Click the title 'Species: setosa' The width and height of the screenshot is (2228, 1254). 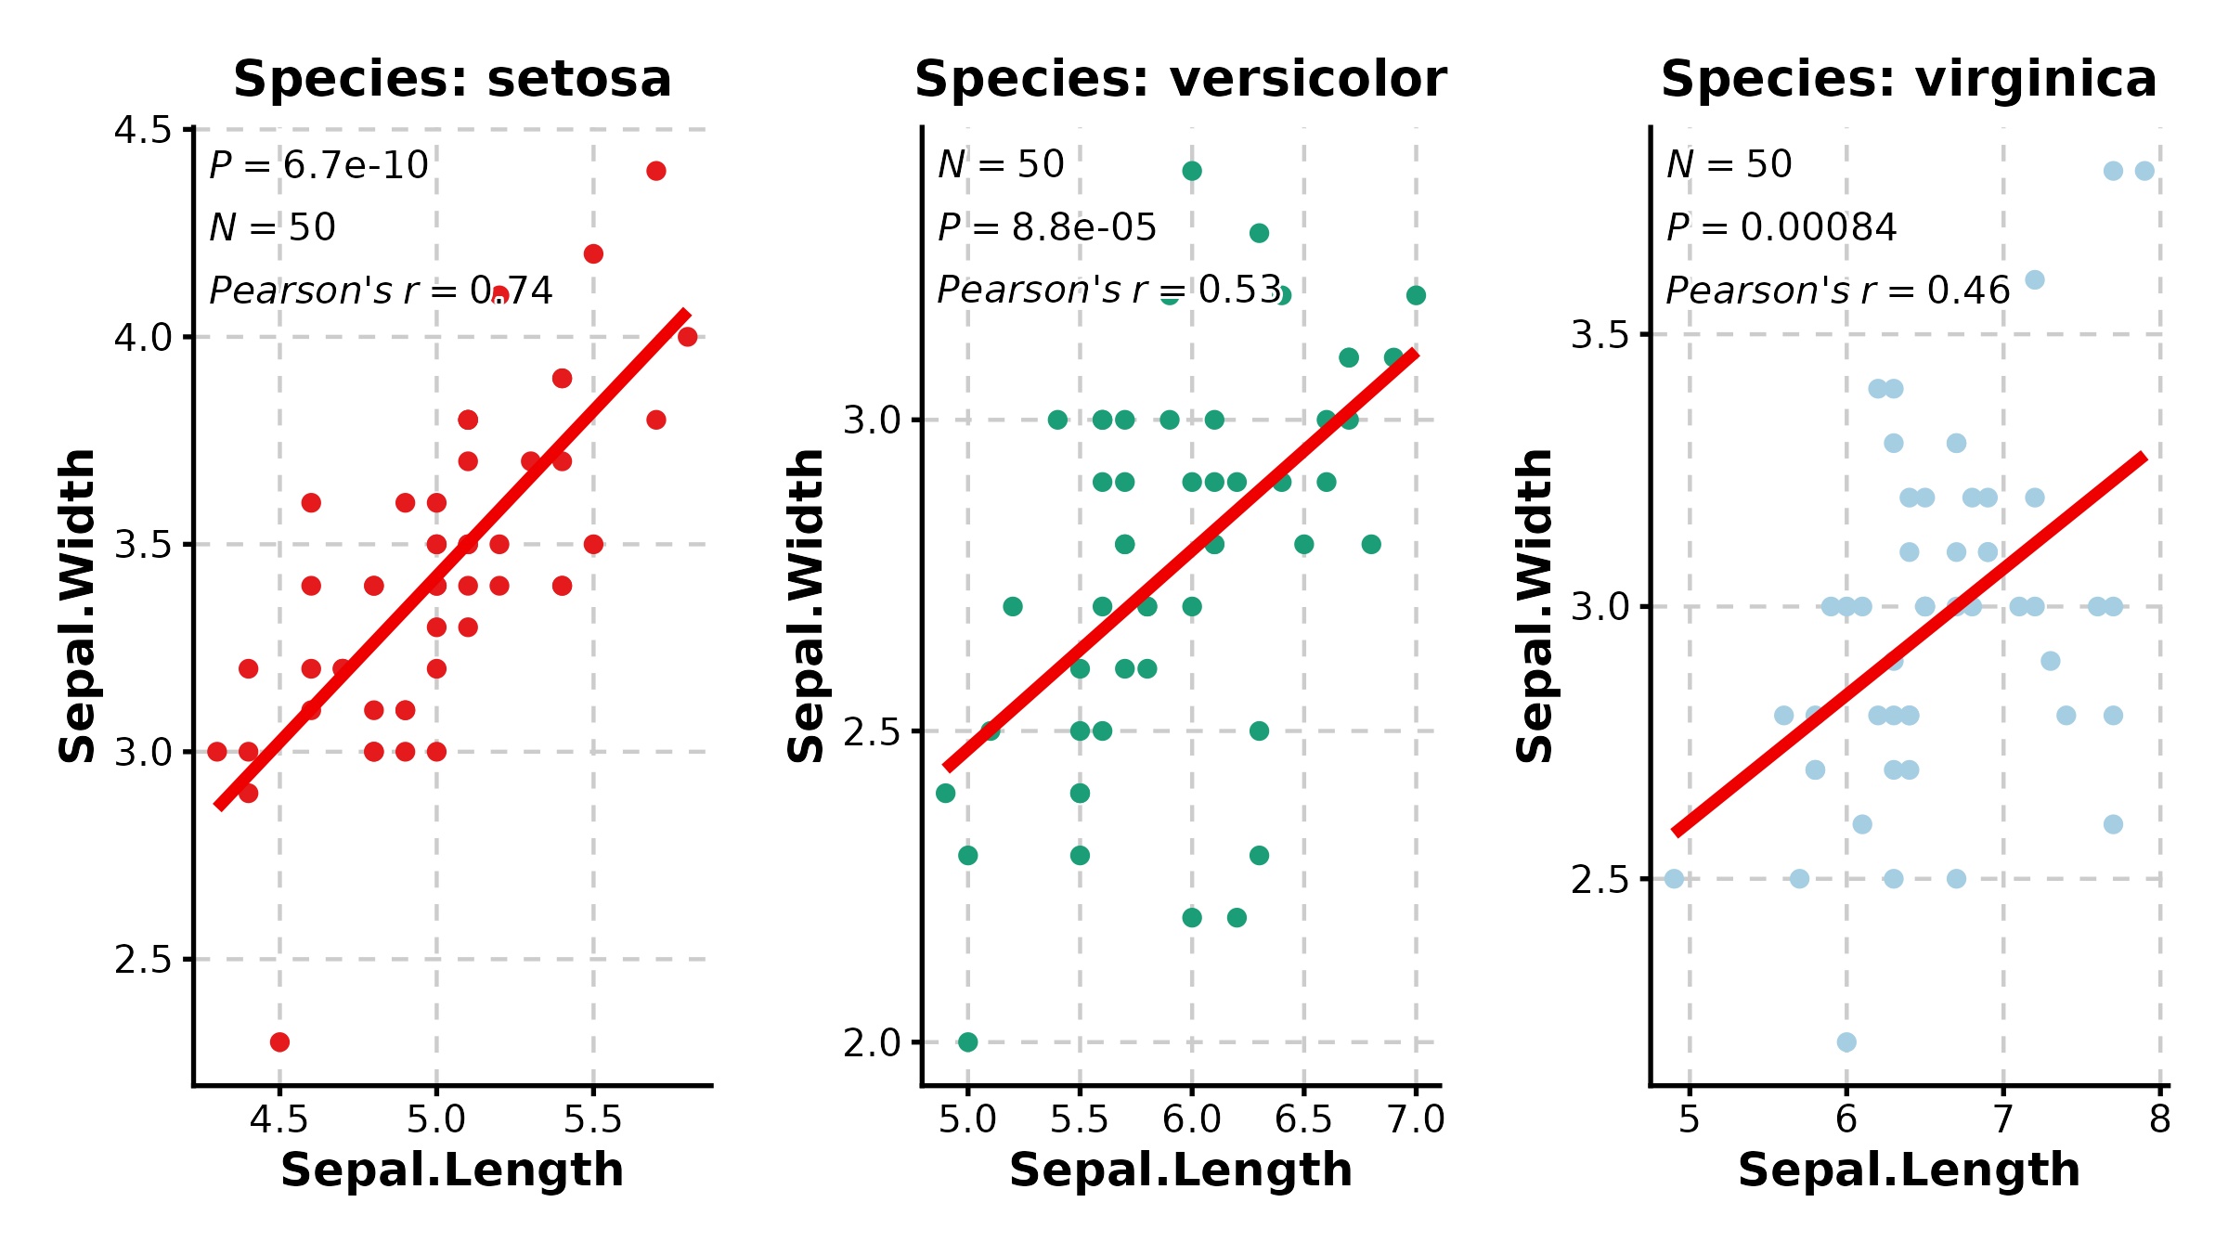pyautogui.click(x=452, y=79)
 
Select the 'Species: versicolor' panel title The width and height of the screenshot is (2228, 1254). pyautogui.click(x=1180, y=79)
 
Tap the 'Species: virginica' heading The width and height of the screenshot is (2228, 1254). pyautogui.click(x=1909, y=79)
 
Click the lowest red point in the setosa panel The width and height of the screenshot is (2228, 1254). pyautogui.click(x=279, y=1041)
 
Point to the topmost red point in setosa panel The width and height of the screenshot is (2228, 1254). pyautogui.click(x=656, y=171)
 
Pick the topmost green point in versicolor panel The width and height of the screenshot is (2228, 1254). pyautogui.click(x=1192, y=171)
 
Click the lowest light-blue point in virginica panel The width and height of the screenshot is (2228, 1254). pyautogui.click(x=1846, y=1041)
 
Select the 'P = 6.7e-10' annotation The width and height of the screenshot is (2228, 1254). pyautogui.click(x=318, y=165)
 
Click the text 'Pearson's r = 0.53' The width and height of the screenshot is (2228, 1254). pyautogui.click(x=1109, y=290)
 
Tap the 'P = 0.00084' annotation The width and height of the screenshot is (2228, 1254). pyautogui.click(x=1781, y=227)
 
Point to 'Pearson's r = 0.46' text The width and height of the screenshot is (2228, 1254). pyautogui.click(x=1838, y=291)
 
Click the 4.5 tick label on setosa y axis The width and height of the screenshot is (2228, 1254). pyautogui.click(x=143, y=130)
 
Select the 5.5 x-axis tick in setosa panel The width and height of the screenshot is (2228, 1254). pyautogui.click(x=593, y=1119)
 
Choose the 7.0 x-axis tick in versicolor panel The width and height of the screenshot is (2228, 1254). pyautogui.click(x=1416, y=1119)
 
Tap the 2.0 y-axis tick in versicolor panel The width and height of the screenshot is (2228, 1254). pyautogui.click(x=872, y=1043)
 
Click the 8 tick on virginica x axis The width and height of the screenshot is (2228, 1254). pyautogui.click(x=2160, y=1119)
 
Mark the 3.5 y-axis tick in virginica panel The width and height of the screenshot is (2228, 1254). pyautogui.click(x=1600, y=335)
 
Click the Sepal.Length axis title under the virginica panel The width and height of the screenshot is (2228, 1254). pyautogui.click(x=1909, y=1170)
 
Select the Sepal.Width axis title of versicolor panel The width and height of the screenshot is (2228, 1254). pyautogui.click(x=806, y=605)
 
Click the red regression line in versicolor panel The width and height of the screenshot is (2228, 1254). pyautogui.click(x=1179, y=560)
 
